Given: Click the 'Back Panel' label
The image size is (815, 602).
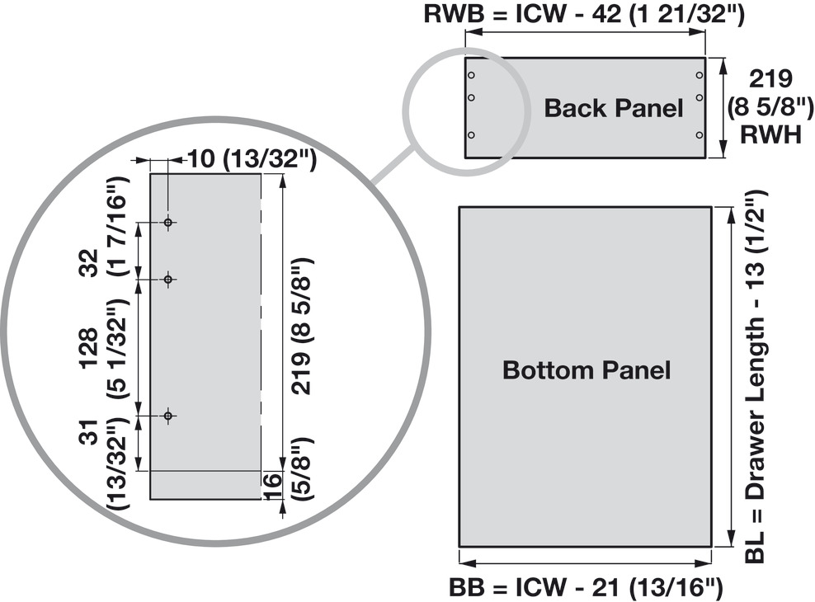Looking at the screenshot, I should (x=614, y=108).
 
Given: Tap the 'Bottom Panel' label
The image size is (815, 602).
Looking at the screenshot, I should (x=587, y=370).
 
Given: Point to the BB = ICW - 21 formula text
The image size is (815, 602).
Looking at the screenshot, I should (x=586, y=588).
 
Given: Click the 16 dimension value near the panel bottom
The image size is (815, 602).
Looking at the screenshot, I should (x=273, y=487).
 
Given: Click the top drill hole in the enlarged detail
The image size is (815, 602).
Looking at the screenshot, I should (x=168, y=223).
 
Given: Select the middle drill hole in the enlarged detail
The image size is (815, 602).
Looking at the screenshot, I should (x=168, y=280).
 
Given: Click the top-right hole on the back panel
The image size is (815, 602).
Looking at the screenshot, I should (x=699, y=76).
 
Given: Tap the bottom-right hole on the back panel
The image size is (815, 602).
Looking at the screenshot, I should (x=699, y=134).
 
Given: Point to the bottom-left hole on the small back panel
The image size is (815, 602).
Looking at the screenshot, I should (x=471, y=134).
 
